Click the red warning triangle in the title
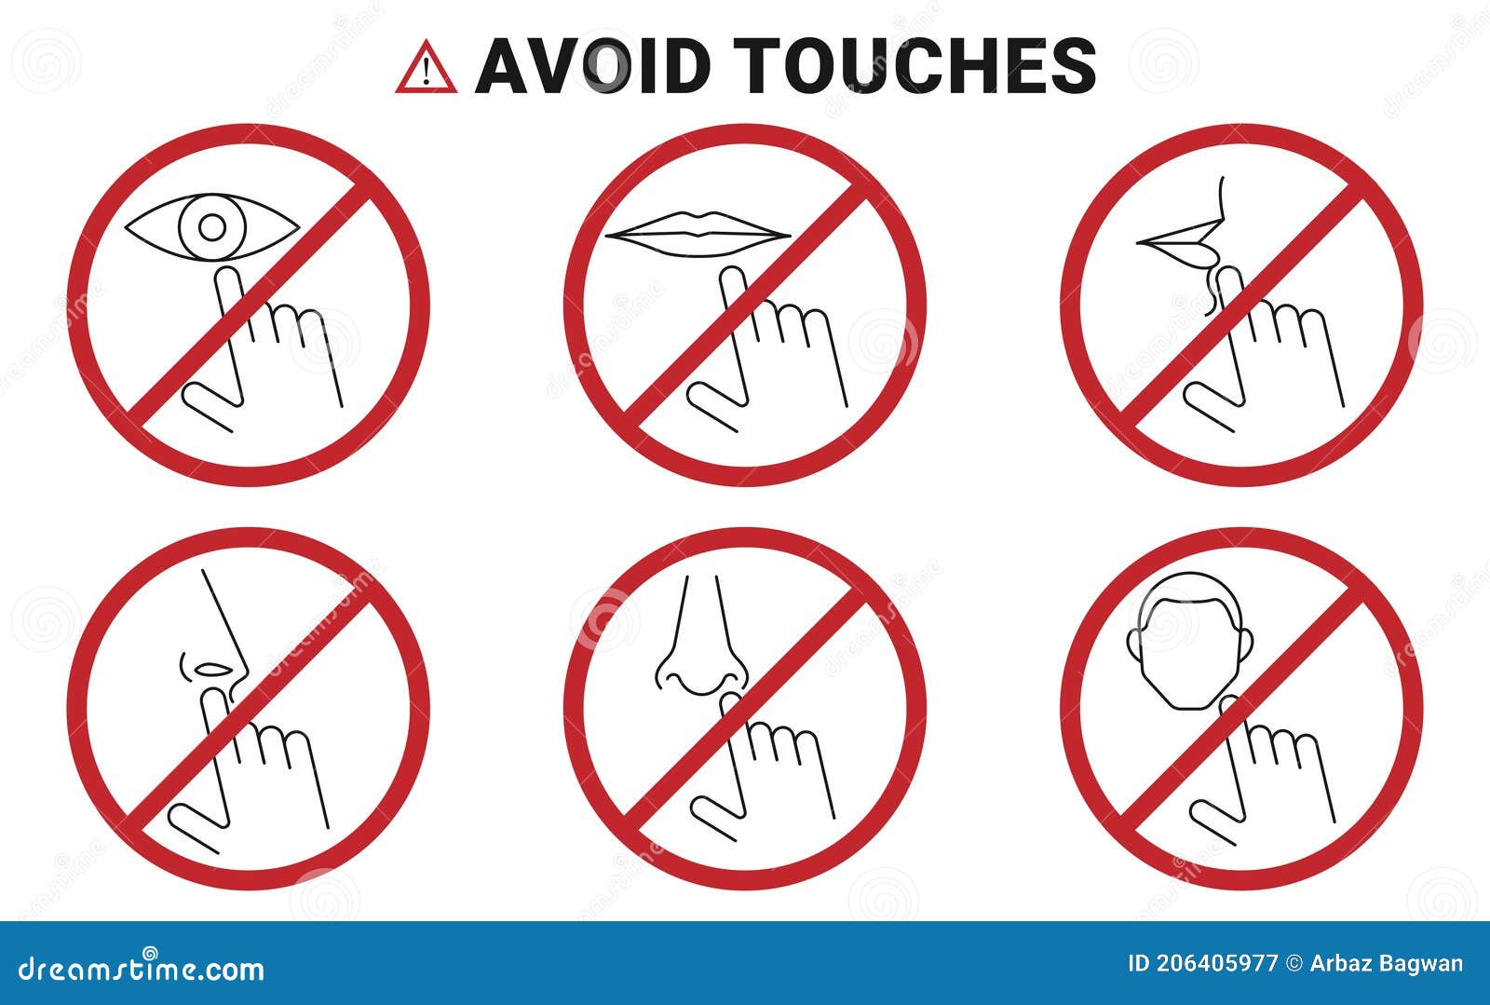coord(426,68)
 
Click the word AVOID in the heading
coord(593,66)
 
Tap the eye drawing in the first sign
coord(212,226)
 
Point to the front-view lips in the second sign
coord(698,230)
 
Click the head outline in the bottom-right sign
coord(1191,643)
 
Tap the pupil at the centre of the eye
coord(212,227)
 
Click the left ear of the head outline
coord(1135,643)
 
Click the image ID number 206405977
coord(1200,964)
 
